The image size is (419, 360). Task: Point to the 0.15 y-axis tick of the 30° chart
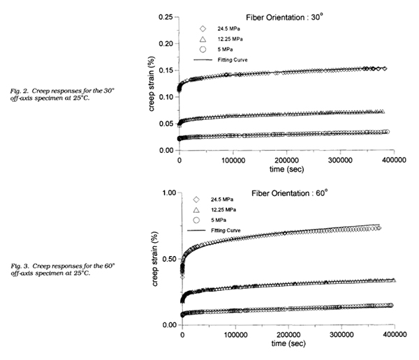pos(165,70)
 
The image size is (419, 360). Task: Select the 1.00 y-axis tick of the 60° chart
pos(165,191)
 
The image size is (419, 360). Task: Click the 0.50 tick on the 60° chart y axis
pos(165,258)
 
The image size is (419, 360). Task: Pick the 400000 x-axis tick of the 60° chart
pos(394,336)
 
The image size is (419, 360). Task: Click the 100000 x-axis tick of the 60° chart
pos(235,336)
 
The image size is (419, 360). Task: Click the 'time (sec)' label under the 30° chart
pos(287,170)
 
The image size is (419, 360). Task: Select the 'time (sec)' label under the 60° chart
pos(287,345)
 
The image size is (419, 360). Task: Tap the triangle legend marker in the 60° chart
pos(203,210)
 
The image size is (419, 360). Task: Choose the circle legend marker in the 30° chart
pos(203,50)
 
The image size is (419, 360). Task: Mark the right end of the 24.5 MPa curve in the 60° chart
pos(378,227)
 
